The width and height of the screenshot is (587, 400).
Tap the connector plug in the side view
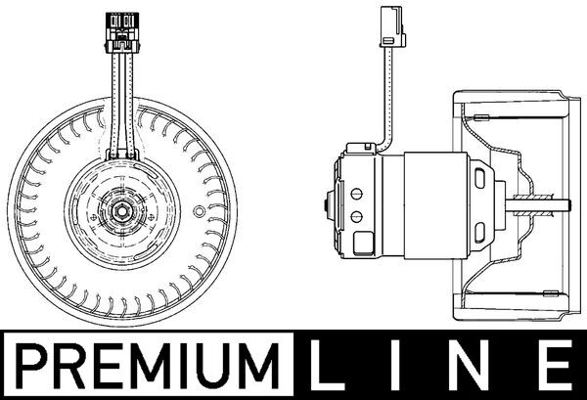click(x=389, y=25)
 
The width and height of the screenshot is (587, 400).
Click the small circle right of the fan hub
click(x=199, y=209)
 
